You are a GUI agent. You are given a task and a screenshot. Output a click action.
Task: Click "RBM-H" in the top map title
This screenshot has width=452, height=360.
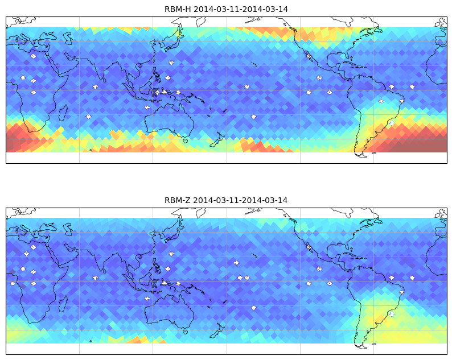click(178, 9)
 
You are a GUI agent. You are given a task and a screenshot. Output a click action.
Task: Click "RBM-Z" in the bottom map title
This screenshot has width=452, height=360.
click(177, 200)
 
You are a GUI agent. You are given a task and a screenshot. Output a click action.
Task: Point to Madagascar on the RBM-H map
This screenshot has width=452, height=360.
click(63, 113)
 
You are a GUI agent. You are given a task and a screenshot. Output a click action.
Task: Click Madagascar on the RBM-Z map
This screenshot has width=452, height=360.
click(63, 304)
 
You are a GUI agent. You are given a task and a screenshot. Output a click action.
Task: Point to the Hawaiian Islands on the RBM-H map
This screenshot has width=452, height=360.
click(254, 64)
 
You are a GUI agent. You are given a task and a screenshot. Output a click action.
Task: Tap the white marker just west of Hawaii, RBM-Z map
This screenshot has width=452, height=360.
click(236, 263)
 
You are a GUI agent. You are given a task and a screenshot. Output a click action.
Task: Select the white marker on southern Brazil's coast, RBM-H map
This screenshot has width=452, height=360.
click(391, 123)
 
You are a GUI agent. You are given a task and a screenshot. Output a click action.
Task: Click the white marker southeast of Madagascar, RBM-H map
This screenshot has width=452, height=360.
click(88, 117)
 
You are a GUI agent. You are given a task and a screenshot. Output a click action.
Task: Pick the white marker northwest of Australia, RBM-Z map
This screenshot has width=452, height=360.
click(147, 299)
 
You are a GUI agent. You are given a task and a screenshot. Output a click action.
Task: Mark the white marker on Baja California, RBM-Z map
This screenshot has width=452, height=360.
click(309, 247)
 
